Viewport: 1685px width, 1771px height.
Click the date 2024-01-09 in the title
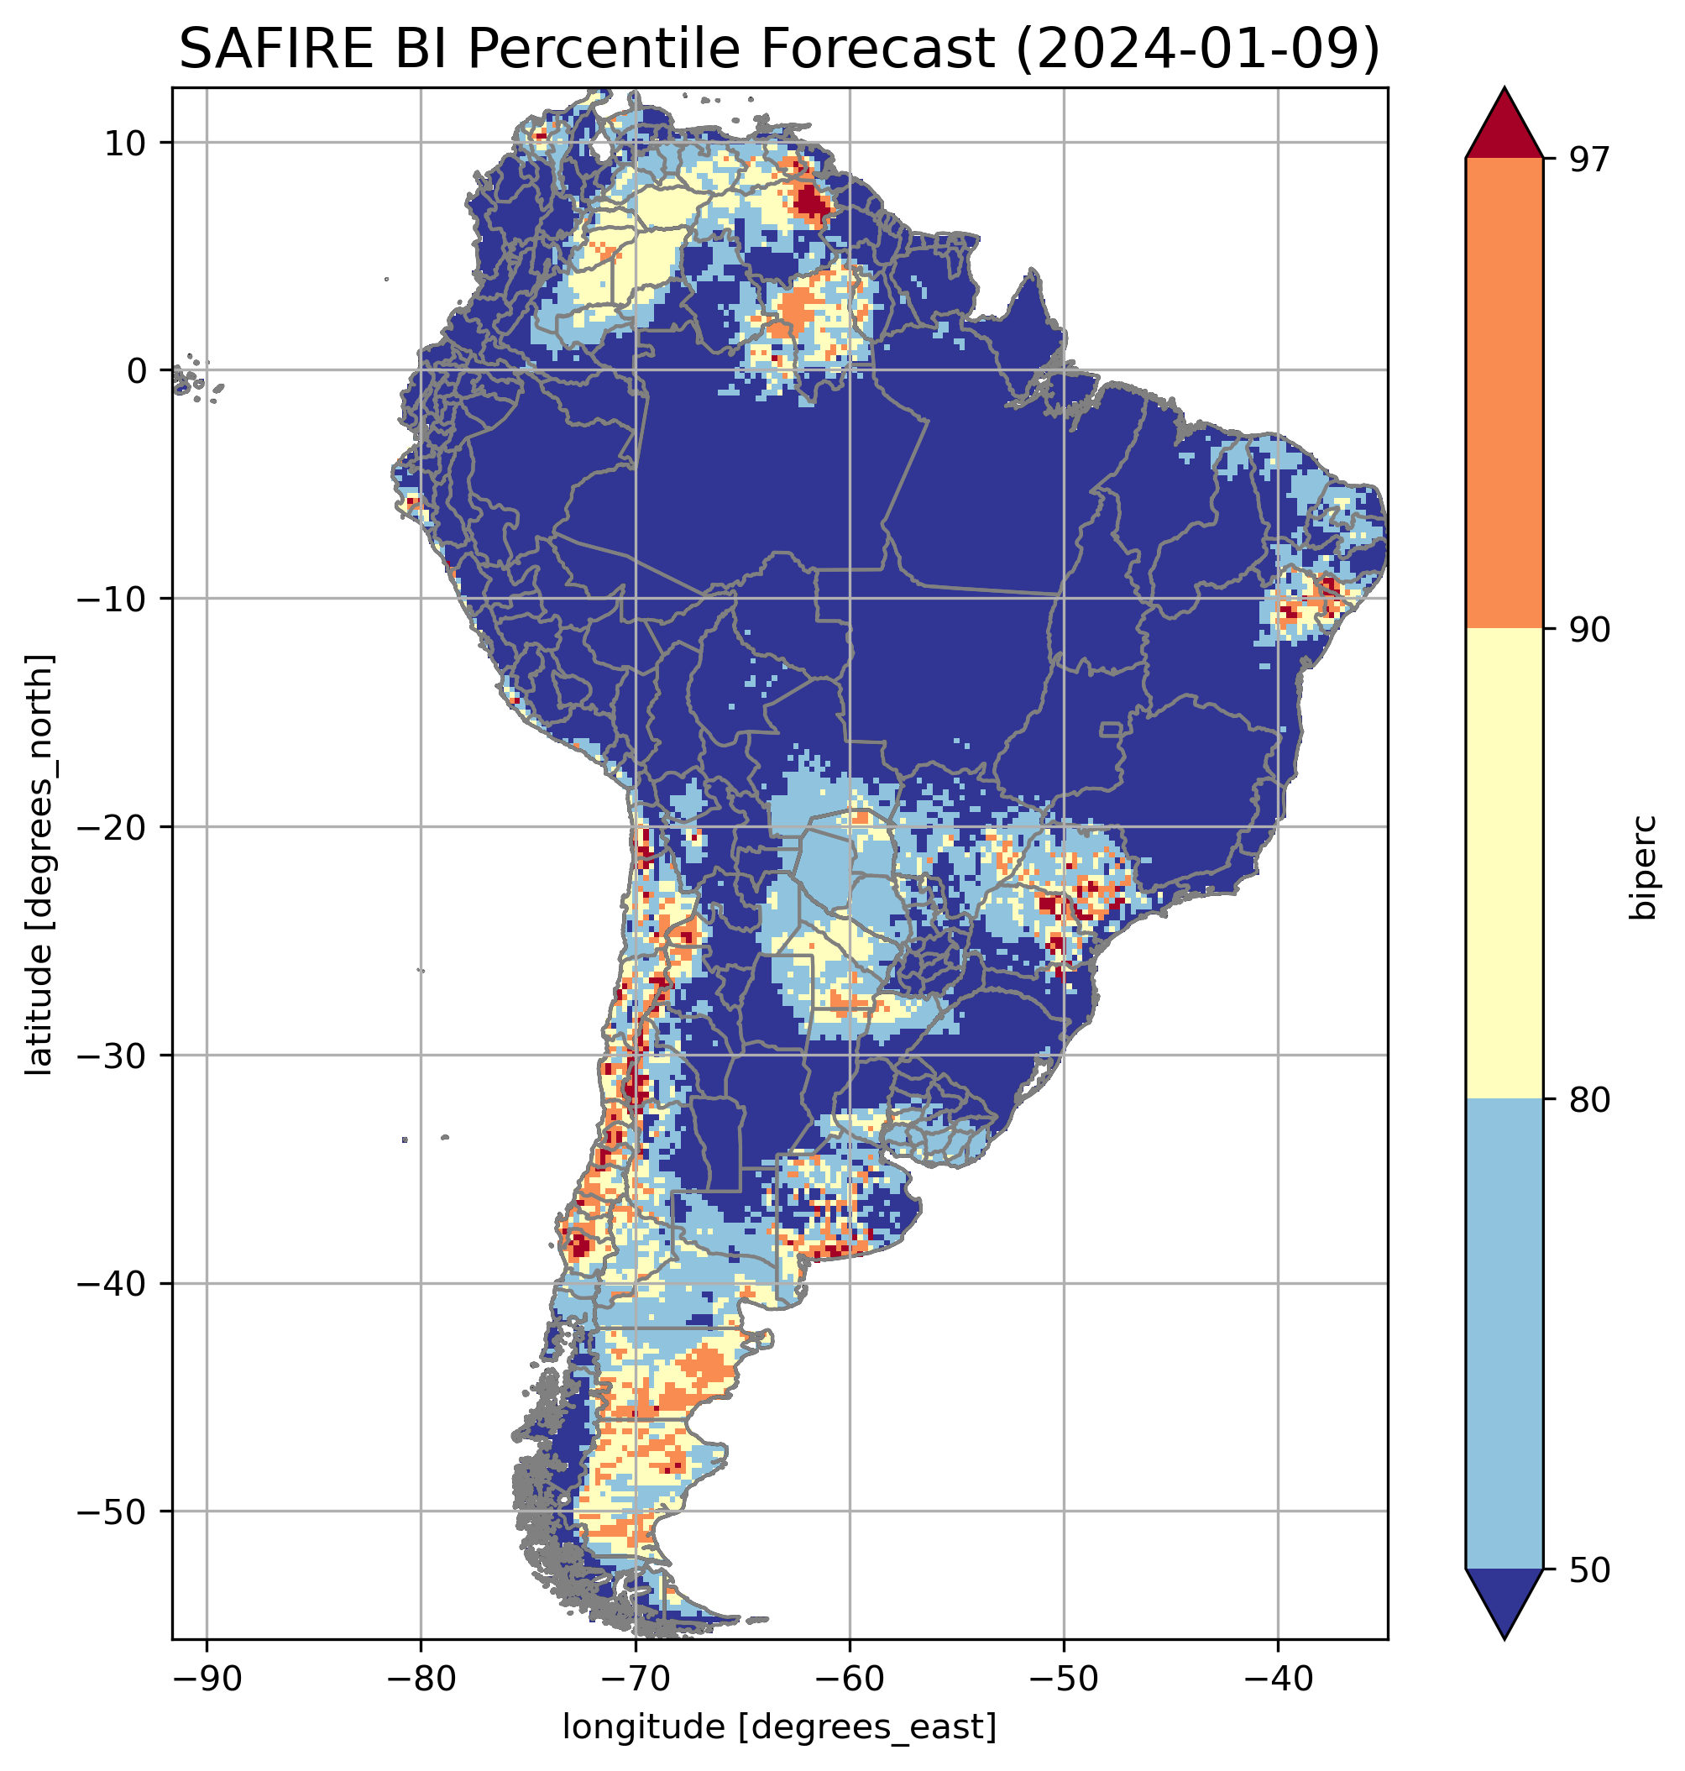tap(1196, 49)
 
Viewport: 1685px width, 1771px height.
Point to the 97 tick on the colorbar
tap(1589, 159)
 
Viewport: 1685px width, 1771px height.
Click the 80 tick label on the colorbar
tap(1589, 1101)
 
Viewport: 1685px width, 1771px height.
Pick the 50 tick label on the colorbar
tap(1589, 1570)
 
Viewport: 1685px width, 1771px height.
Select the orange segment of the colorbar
tap(1504, 394)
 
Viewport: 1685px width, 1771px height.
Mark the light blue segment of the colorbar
tap(1504, 1334)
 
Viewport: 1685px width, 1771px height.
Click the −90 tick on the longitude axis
tap(207, 1679)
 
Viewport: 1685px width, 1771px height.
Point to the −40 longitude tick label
tap(1277, 1679)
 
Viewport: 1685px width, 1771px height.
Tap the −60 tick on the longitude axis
tap(849, 1679)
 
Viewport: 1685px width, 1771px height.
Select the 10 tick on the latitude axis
tap(126, 143)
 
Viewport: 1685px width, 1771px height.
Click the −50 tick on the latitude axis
tap(113, 1512)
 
